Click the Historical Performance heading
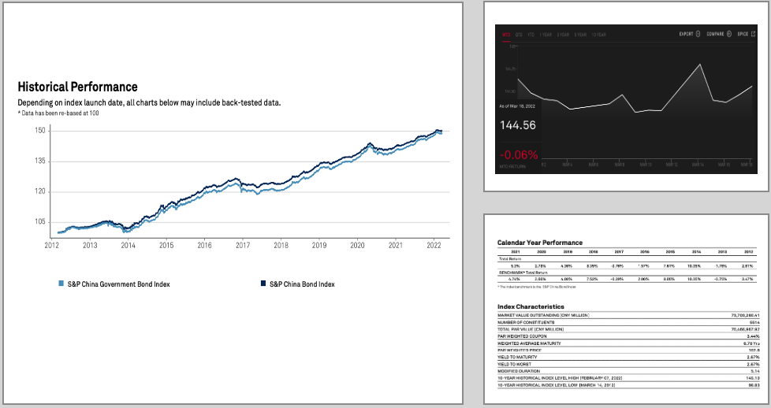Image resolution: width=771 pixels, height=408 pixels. tap(77, 87)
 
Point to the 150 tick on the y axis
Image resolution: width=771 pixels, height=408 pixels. tap(40, 130)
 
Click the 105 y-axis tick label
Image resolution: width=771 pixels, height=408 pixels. tap(40, 222)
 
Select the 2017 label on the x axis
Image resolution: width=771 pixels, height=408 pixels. tap(243, 246)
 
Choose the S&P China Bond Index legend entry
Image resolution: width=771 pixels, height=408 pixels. tap(301, 284)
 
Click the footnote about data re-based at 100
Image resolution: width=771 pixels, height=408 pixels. tap(58, 113)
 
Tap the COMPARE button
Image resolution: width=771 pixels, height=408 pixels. tap(719, 35)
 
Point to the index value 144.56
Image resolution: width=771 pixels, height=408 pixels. tap(517, 125)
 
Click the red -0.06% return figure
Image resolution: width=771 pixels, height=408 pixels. tap(518, 154)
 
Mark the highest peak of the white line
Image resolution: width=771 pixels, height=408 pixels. tap(700, 64)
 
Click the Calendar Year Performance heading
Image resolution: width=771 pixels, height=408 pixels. tap(540, 242)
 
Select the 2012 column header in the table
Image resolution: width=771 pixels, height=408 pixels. tap(749, 252)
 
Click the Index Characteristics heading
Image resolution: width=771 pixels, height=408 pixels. tap(531, 306)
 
